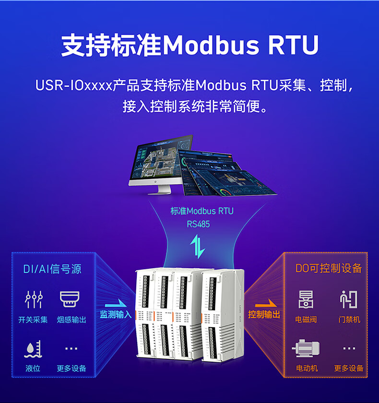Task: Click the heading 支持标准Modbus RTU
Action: (x=189, y=46)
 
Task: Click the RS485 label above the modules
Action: (x=198, y=224)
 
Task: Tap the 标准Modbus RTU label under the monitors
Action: (x=202, y=211)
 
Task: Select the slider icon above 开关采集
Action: (x=34, y=299)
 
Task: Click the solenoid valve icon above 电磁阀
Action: (x=306, y=299)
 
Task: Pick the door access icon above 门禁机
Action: (x=349, y=299)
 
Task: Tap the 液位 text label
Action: (x=33, y=368)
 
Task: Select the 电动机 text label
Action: (x=307, y=368)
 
